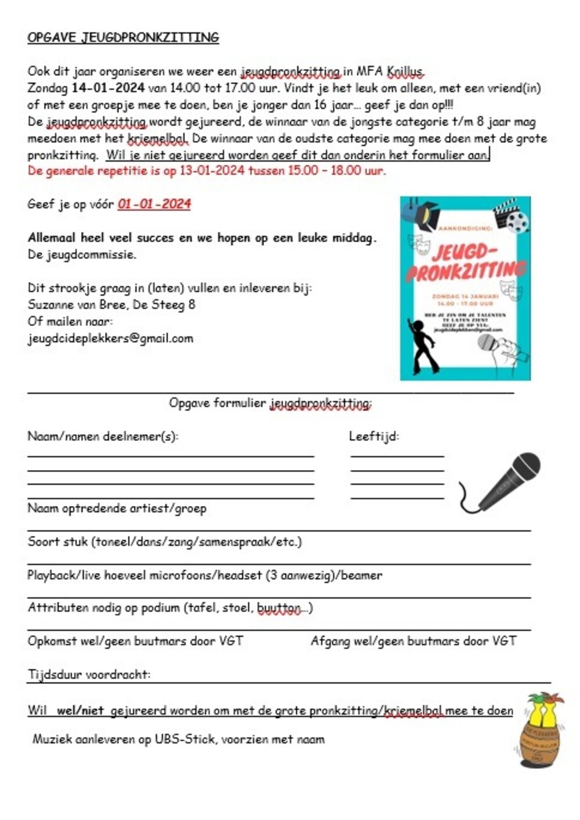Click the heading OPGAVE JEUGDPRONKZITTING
123,38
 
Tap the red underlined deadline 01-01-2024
154,204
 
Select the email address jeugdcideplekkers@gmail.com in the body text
110,338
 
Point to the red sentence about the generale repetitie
206,170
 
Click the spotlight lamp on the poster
421,212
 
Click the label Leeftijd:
374,436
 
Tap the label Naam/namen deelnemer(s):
103,436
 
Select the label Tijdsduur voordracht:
89,675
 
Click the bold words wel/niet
80,710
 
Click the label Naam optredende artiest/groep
117,508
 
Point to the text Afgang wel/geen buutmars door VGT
413,641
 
